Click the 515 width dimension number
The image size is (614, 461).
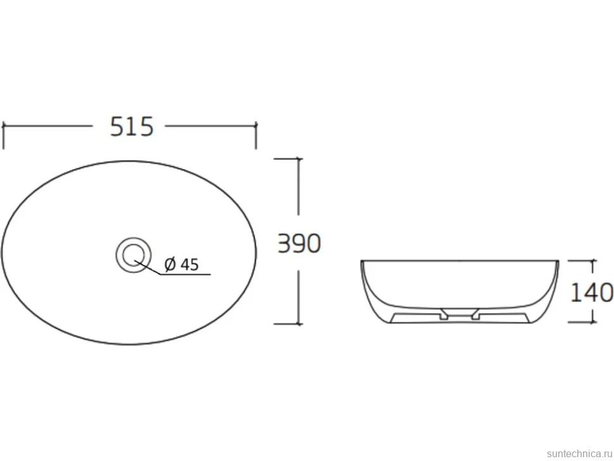click(132, 127)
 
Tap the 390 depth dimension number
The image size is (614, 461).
click(299, 243)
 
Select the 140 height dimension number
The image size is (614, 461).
click(592, 292)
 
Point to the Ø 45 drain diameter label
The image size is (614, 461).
click(182, 265)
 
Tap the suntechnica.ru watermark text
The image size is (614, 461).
click(580, 453)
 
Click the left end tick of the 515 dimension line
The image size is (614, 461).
click(4, 126)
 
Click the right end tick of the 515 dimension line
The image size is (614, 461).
click(256, 126)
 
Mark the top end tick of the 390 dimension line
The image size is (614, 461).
click(299, 159)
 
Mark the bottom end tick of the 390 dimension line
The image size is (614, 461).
click(299, 324)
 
